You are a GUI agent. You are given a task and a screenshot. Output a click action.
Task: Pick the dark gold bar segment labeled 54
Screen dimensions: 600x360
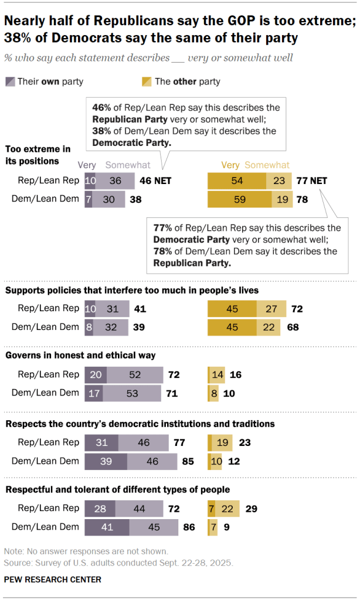click(x=237, y=181)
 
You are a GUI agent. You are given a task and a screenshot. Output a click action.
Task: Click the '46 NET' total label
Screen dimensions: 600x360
click(x=155, y=181)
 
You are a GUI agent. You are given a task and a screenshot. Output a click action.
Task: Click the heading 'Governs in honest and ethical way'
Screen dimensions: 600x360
click(x=80, y=355)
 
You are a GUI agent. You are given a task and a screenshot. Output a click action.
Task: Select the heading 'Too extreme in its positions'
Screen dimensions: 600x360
click(x=38, y=155)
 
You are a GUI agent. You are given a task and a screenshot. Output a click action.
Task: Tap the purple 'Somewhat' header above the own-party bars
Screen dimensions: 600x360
click(x=128, y=165)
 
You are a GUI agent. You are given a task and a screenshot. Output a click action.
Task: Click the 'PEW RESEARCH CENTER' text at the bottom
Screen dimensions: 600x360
click(x=53, y=579)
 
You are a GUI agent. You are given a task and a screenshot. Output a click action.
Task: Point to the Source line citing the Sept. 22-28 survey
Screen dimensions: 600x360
click(x=118, y=562)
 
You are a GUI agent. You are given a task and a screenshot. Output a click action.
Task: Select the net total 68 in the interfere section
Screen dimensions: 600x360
click(x=292, y=327)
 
